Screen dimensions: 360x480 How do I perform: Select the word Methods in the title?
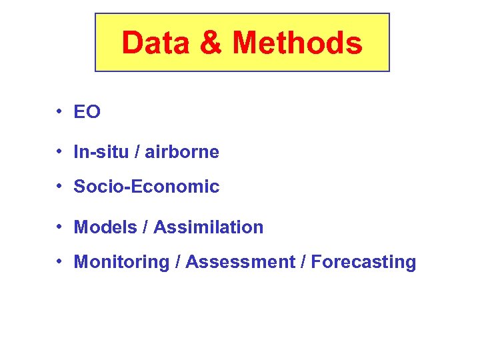tap(297, 43)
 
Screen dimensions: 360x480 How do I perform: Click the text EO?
tap(87, 113)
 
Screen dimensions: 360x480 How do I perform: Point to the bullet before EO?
tap(59, 111)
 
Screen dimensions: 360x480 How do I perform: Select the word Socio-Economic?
tap(146, 187)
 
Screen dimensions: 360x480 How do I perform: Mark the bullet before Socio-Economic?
tap(59, 186)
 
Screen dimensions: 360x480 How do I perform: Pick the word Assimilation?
tap(209, 227)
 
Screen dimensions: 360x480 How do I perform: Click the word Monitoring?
tap(121, 262)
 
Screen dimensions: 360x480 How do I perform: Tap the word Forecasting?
tap(363, 262)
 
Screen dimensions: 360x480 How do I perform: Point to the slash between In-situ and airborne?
tap(137, 152)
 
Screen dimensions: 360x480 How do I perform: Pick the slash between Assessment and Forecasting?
tap(303, 262)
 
